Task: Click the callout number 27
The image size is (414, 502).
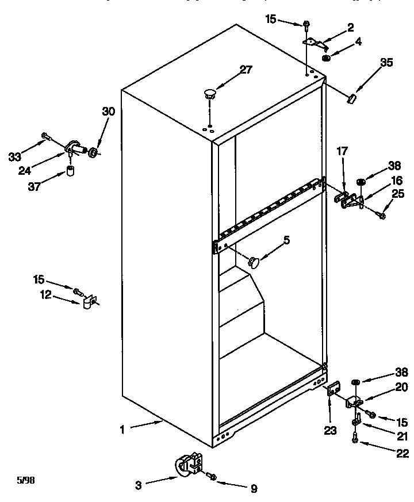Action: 246,70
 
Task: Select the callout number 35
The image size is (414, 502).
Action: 387,63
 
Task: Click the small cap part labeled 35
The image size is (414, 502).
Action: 351,98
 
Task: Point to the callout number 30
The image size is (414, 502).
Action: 108,112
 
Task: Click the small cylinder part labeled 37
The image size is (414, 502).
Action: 71,172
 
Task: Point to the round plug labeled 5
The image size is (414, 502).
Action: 254,262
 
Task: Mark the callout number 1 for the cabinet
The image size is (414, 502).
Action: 124,428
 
